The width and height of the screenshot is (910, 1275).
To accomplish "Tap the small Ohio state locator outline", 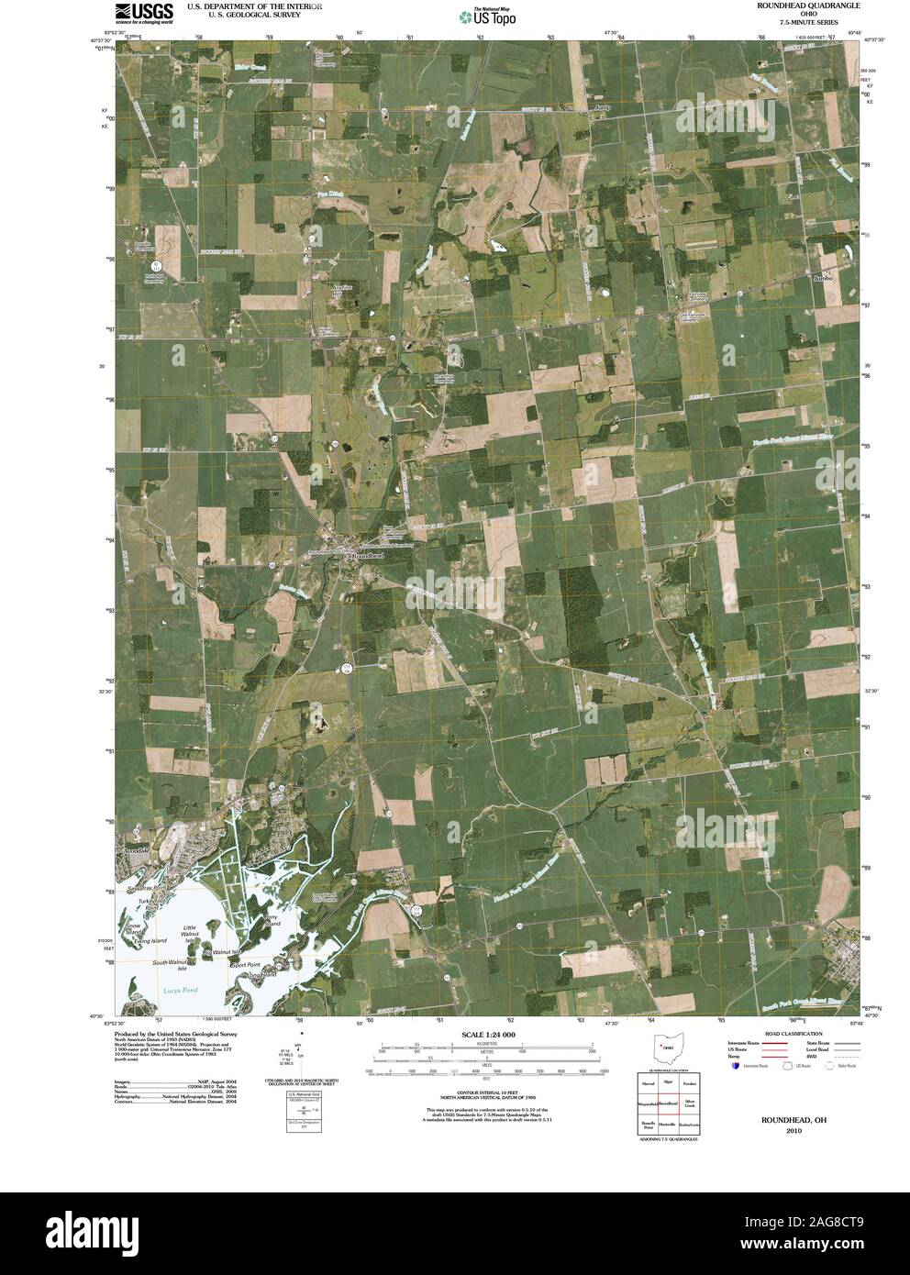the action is point(668,1047).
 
